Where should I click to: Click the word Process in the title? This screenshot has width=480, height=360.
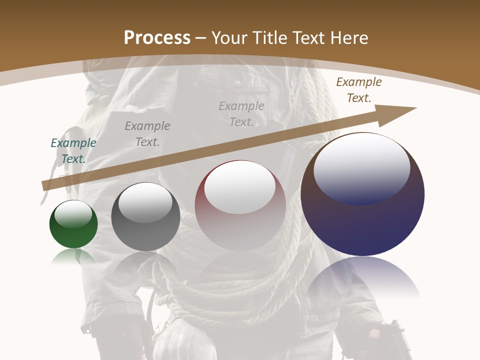point(157,38)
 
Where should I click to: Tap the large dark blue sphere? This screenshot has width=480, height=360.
point(362,220)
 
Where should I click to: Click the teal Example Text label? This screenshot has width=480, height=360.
point(73,150)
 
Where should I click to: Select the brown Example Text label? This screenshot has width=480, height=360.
point(358,90)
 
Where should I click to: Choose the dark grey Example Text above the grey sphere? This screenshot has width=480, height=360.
point(147,133)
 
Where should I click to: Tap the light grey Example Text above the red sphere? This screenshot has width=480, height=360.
point(241,113)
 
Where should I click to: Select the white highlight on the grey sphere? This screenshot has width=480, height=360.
point(145,202)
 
